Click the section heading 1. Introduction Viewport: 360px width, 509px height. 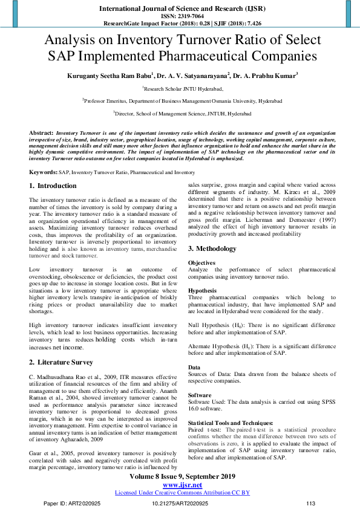tap(53, 186)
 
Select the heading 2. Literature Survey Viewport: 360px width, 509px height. tap(61, 362)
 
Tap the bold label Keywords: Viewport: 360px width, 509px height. tap(44, 172)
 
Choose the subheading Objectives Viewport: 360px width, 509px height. tap(201, 263)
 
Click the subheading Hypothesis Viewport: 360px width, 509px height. tap(202, 290)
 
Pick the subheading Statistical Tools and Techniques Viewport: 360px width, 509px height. tap(231, 423)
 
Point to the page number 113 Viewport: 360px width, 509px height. tap(311, 503)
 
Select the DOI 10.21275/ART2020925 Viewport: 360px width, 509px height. tap(180, 503)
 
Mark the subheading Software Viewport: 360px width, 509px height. tap(200, 395)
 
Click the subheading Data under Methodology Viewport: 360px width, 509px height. tap(194, 367)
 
